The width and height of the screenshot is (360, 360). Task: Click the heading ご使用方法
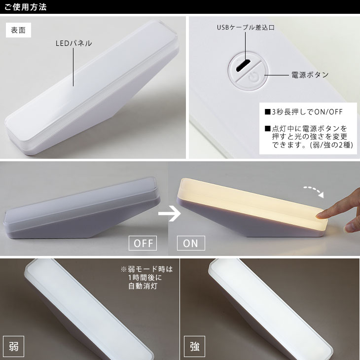(26, 7)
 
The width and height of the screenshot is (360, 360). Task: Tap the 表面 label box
(18, 30)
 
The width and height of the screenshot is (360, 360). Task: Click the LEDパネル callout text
(73, 43)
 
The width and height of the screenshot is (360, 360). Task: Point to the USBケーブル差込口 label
(246, 28)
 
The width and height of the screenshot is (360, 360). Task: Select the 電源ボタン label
(310, 75)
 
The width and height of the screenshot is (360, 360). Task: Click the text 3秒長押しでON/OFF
(307, 112)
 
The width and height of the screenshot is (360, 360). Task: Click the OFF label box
(143, 243)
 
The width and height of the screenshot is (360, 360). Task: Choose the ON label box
(191, 243)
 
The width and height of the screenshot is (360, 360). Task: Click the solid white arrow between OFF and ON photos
(170, 214)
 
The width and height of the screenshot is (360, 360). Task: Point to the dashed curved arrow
(314, 191)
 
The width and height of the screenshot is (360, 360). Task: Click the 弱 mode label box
(13, 346)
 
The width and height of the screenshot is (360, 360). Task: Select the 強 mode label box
(194, 346)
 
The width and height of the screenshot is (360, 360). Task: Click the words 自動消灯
(143, 287)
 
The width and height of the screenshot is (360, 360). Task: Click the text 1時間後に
(145, 278)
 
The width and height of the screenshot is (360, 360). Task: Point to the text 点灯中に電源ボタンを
(310, 128)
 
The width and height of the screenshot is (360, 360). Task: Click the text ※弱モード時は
(146, 269)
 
